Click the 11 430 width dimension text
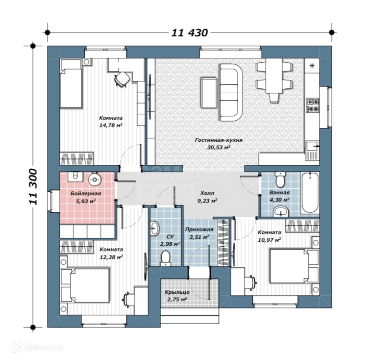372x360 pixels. [190, 33]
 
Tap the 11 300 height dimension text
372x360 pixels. [33, 187]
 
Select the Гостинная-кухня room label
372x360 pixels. [219, 140]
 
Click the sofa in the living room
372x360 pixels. [231, 92]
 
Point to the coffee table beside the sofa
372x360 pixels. [209, 93]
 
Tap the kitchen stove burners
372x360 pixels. [313, 105]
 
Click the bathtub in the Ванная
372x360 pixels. [310, 193]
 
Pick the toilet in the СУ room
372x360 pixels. [165, 259]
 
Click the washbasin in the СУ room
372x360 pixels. [155, 229]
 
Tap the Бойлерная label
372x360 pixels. [86, 194]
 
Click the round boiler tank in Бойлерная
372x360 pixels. [95, 180]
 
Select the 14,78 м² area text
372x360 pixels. [111, 125]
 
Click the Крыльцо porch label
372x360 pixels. [177, 292]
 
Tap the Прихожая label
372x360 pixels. [199, 230]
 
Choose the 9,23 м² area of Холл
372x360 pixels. [207, 201]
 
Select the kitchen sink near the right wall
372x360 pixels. [313, 146]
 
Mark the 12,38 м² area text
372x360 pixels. [111, 257]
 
